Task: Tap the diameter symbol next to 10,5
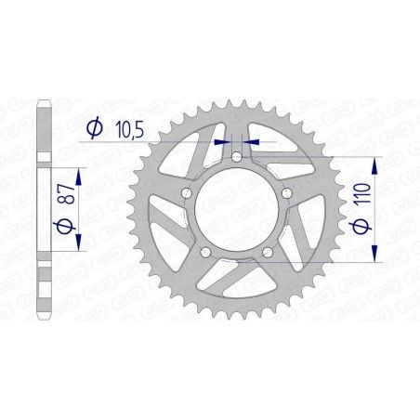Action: point(93,131)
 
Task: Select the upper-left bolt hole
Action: point(189,194)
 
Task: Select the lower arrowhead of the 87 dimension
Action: point(79,248)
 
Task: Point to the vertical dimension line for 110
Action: point(374,212)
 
